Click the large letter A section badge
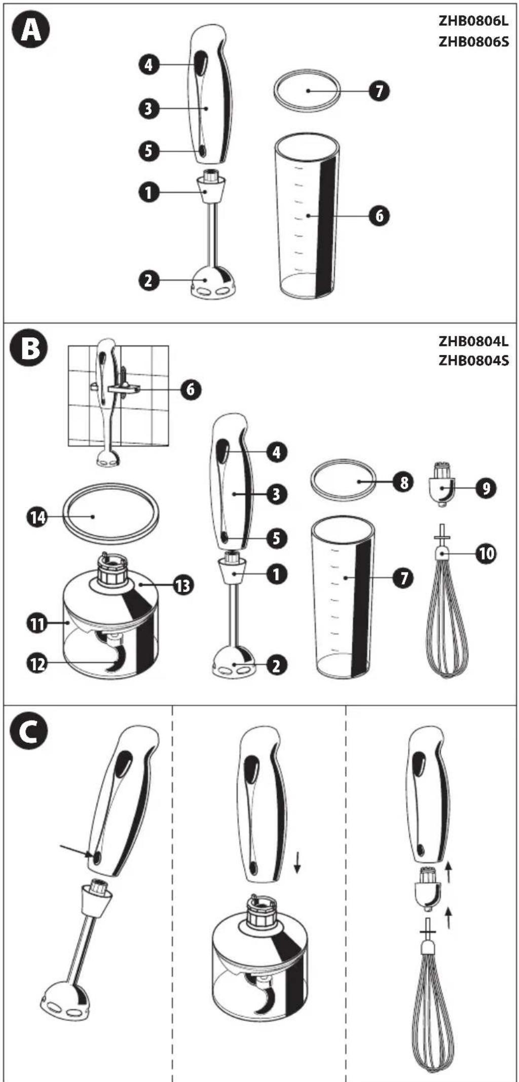click(x=30, y=30)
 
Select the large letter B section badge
click(x=30, y=349)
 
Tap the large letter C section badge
click(x=30, y=732)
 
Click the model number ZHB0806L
click(x=473, y=21)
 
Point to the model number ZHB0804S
click(x=473, y=360)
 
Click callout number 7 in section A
click(x=379, y=91)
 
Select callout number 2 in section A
click(x=149, y=280)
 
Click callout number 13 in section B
click(x=182, y=586)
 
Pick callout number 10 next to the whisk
click(x=487, y=554)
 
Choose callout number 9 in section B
click(x=486, y=488)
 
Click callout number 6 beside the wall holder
click(x=191, y=389)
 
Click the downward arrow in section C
click(x=298, y=862)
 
